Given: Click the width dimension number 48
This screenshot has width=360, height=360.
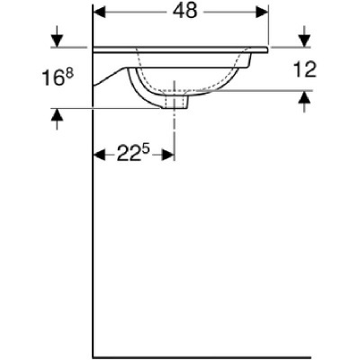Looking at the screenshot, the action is pos(185,12).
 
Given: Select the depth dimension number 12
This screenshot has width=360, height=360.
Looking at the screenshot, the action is pos(304,69).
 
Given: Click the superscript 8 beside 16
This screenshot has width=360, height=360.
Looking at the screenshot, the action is pos(69,74).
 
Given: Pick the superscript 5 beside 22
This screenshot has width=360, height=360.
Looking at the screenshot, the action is pos(146,150).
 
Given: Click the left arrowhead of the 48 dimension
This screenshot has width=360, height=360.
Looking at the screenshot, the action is pos(100,12).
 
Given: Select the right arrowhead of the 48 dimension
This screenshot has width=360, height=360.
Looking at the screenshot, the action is pos(261,12).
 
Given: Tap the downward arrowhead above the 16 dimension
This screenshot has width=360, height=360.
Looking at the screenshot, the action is pos(57,41).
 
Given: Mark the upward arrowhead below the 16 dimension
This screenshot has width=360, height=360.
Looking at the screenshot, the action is pos(57,115).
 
